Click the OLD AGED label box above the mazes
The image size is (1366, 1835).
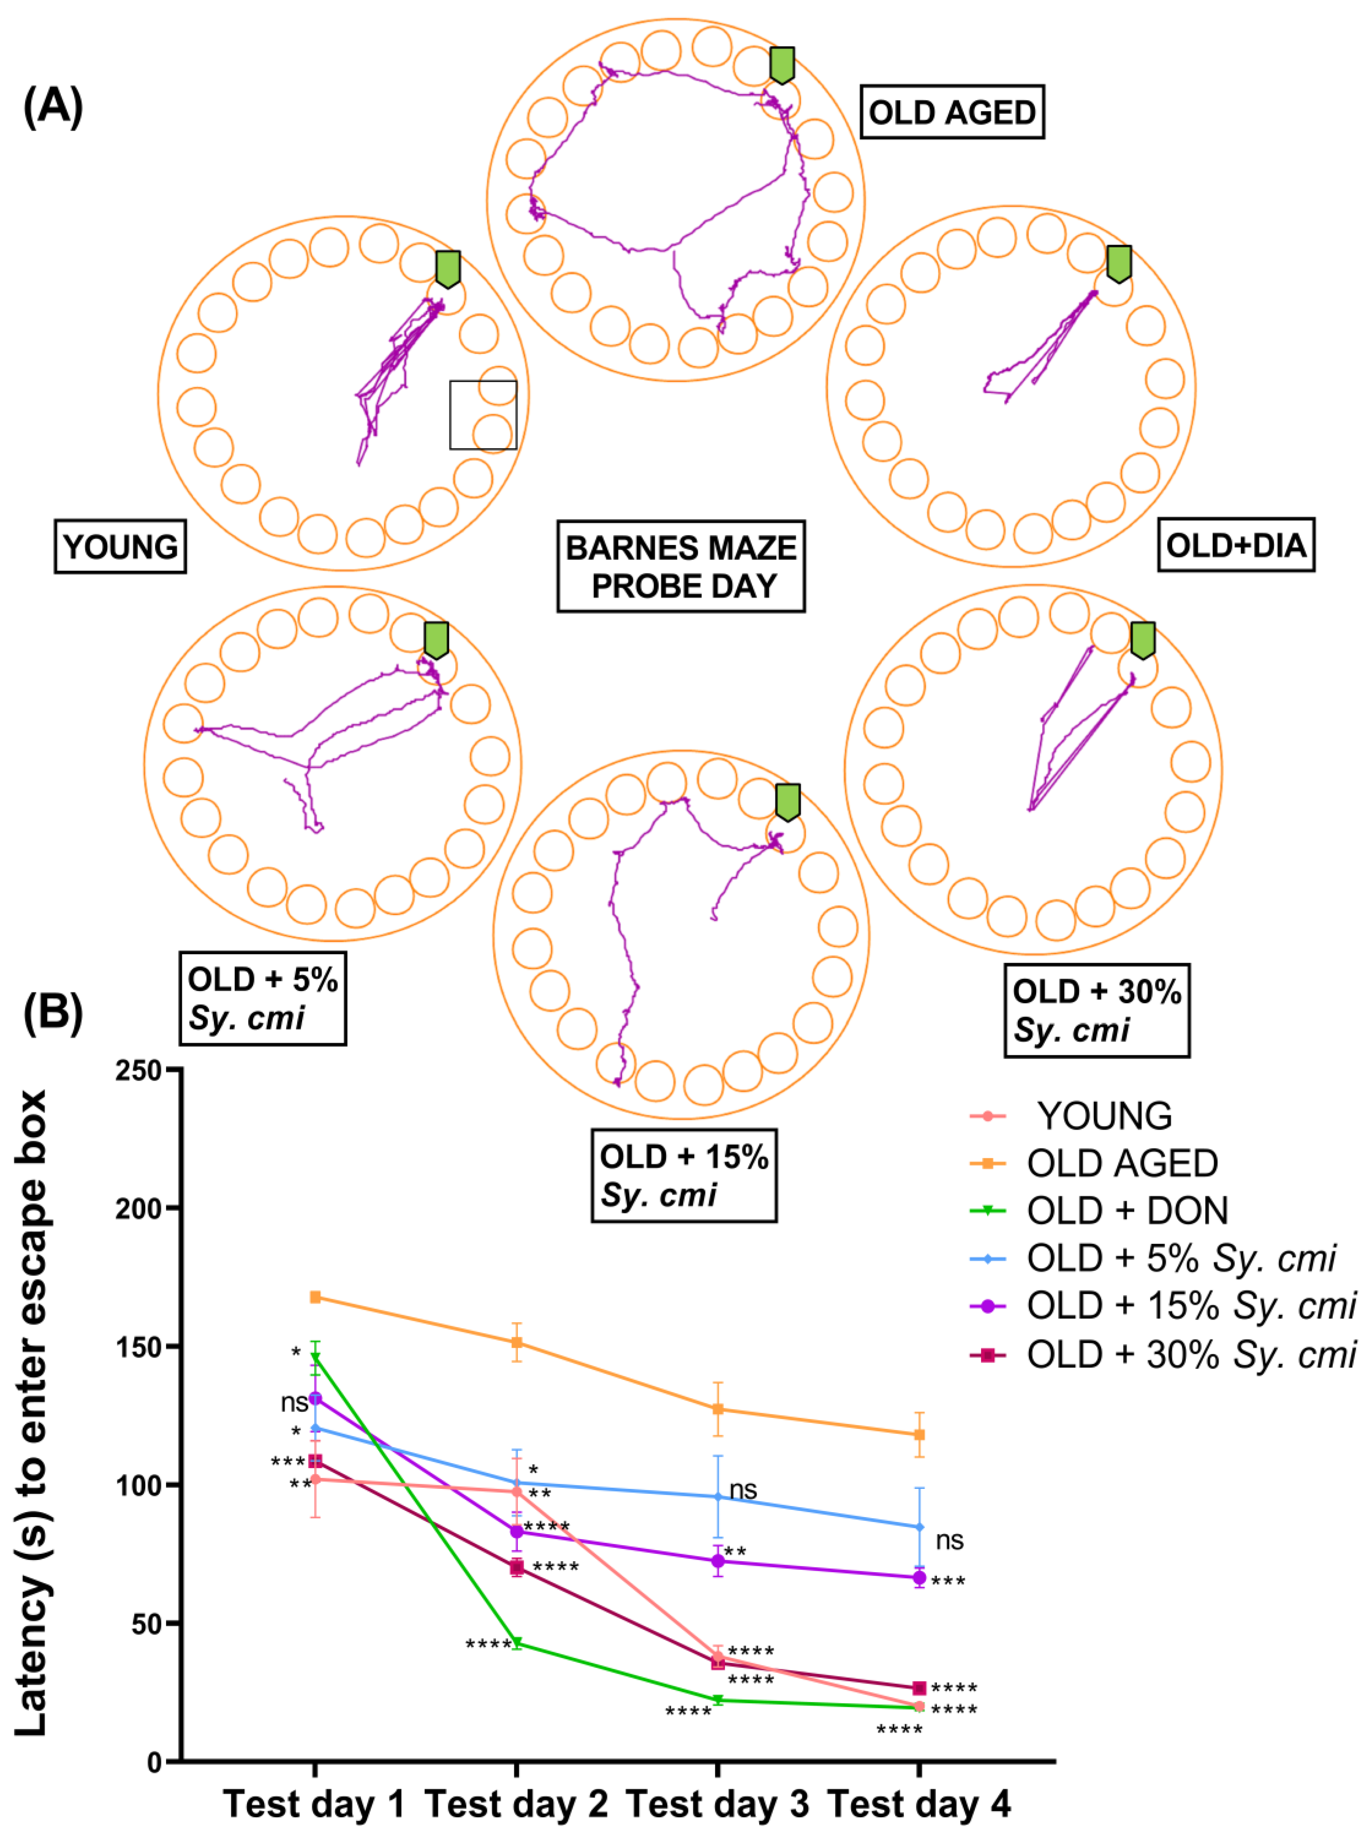[952, 111]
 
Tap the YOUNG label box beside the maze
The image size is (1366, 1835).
[120, 547]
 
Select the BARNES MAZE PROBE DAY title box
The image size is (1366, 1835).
[681, 566]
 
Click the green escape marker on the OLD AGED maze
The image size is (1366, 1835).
[781, 64]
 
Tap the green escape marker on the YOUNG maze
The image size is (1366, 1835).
[447, 269]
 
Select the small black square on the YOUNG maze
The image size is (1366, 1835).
[483, 415]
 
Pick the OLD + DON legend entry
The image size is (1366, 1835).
[1126, 1211]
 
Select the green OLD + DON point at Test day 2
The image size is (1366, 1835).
[517, 1642]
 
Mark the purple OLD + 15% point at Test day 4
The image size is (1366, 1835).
[919, 1578]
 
